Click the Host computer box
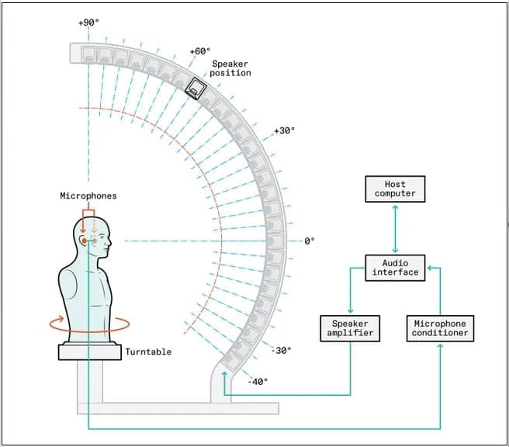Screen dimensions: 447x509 pos(395,189)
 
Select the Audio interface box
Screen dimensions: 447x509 pos(395,267)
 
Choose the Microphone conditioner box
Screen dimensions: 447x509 pos(440,327)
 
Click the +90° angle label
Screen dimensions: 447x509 pos(89,23)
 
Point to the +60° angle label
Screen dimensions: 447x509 pos(200,52)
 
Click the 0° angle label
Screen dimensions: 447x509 pos(309,241)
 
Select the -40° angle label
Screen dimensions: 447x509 pos(258,381)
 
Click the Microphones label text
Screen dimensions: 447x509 pos(88,196)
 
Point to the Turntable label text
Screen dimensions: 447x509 pos(148,352)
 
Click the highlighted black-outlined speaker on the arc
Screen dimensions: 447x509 pos(194,89)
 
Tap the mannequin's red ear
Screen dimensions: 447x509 pos(84,241)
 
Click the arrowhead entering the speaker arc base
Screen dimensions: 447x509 pos(225,375)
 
